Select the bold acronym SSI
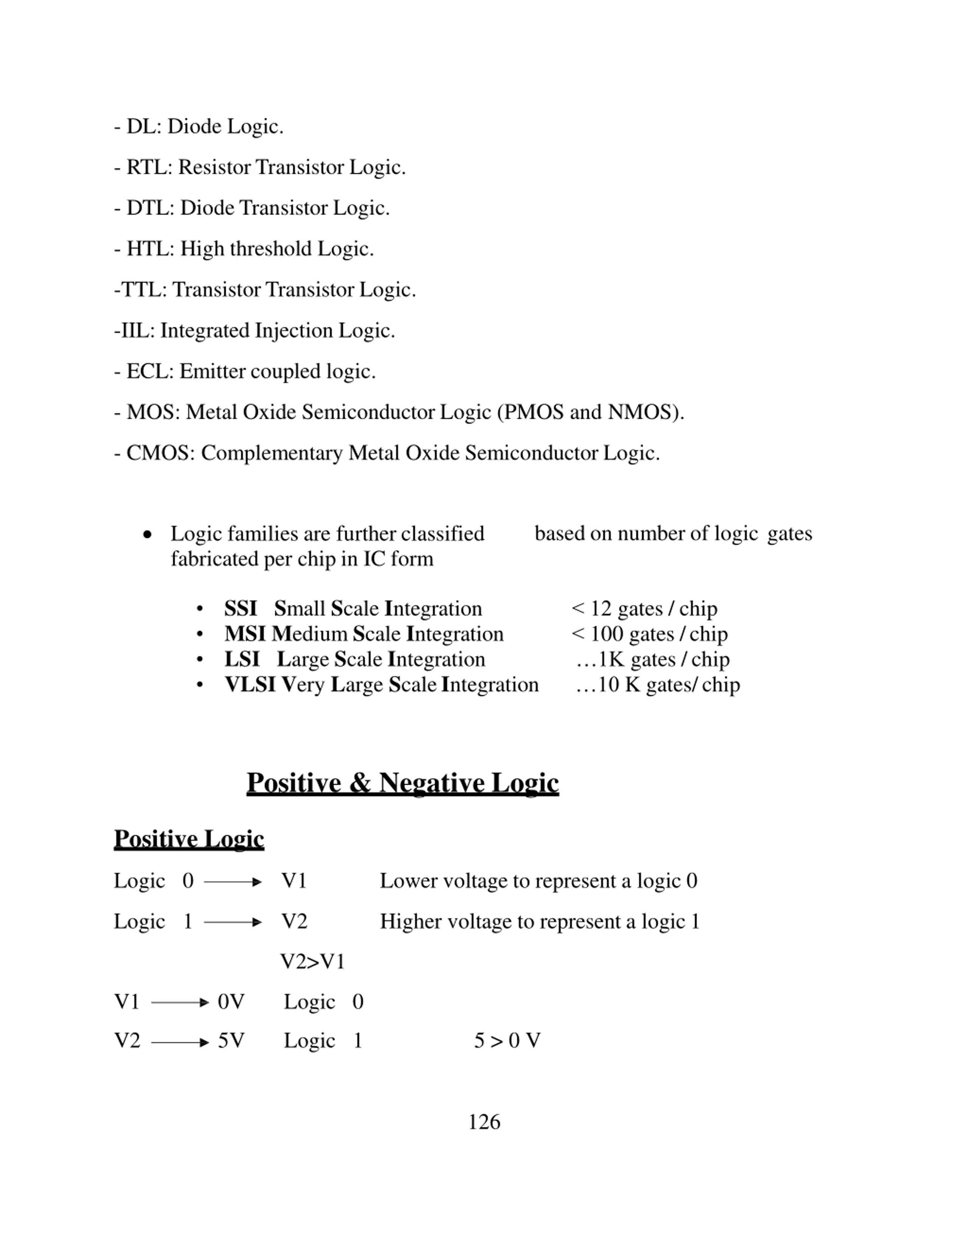[240, 609]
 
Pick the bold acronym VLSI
[250, 685]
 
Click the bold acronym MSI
[245, 634]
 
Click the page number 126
[484, 1122]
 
